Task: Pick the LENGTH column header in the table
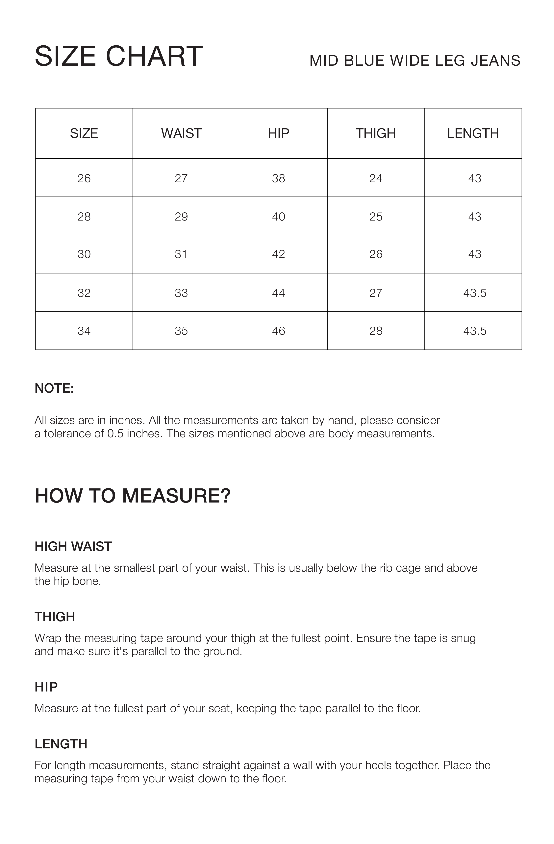(473, 133)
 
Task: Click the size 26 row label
(84, 178)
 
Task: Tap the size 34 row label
(84, 331)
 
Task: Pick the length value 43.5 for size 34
(474, 331)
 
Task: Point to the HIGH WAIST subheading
(73, 547)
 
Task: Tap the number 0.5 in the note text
(115, 433)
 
